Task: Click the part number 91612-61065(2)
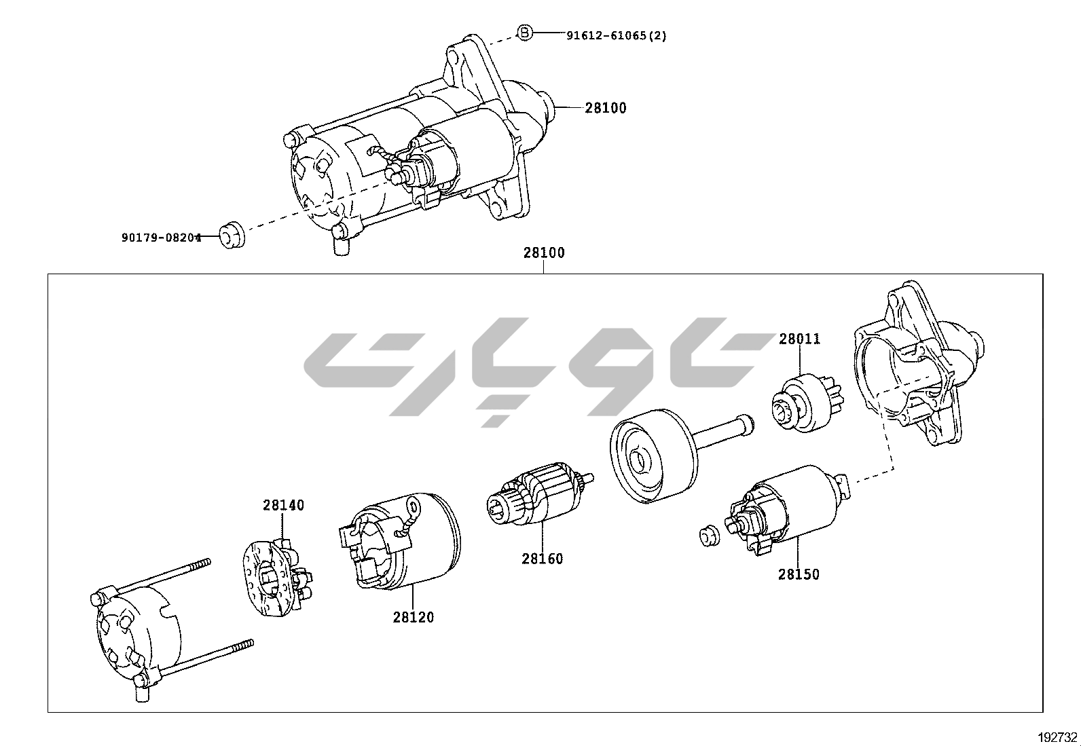pos(616,35)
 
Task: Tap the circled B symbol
pos(525,32)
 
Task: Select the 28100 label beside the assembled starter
pos(606,108)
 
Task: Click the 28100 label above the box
pos(543,253)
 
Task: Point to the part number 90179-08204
pos(161,238)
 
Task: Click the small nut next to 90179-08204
pos(233,234)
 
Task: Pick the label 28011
pos(799,339)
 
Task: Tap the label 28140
pos(284,505)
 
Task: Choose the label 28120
pos(413,618)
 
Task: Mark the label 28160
pos(542,559)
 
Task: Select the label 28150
pos(799,574)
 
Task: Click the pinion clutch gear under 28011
pos(806,405)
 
